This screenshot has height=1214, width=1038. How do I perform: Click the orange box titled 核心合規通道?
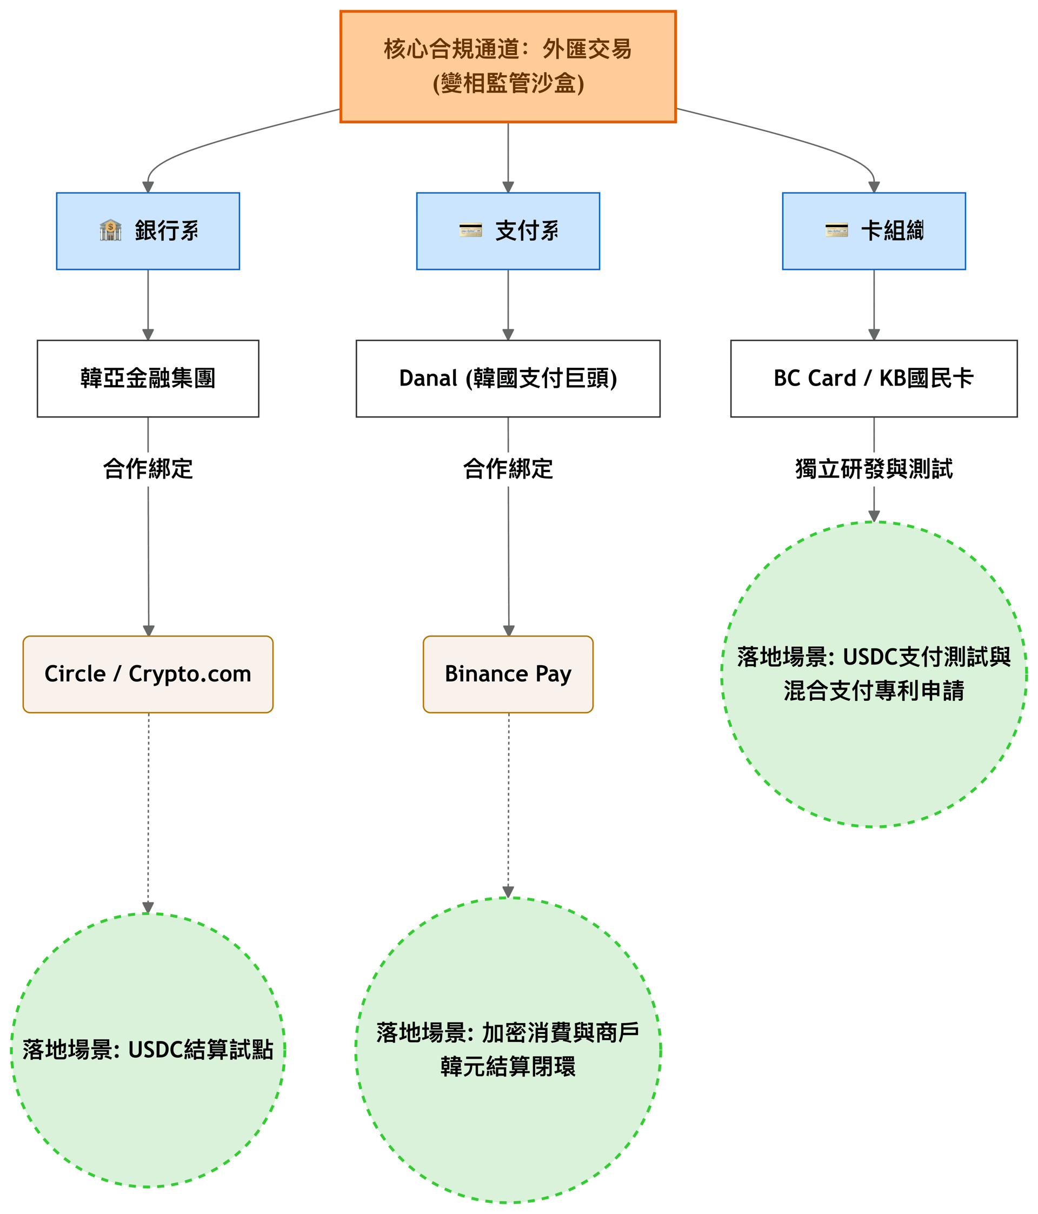[508, 66]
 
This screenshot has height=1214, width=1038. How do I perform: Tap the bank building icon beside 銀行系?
[110, 230]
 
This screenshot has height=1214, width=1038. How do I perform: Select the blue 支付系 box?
[508, 231]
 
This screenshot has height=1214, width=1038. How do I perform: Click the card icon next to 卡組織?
[836, 230]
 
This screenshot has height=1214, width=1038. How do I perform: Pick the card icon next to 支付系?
[470, 230]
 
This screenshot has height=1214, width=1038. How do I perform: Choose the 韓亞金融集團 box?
[148, 379]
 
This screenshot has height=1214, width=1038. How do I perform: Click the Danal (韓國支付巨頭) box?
[508, 379]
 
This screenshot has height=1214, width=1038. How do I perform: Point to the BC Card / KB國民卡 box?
[874, 379]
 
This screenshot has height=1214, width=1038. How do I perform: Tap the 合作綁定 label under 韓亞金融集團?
[148, 469]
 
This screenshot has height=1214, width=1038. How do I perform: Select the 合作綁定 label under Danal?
[508, 469]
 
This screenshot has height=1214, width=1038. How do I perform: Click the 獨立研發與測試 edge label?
[874, 469]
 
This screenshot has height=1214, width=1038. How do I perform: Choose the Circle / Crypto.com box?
[148, 674]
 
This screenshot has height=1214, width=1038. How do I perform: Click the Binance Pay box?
[508, 674]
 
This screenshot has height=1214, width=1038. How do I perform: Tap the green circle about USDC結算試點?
[148, 1050]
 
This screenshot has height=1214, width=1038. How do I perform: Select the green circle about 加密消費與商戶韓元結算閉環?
[508, 1050]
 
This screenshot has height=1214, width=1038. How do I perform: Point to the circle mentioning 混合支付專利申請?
[874, 674]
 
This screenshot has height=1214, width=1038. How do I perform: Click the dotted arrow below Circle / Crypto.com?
[148, 813]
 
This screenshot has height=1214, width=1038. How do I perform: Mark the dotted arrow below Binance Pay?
[508, 805]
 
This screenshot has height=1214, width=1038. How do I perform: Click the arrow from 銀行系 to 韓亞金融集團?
[148, 304]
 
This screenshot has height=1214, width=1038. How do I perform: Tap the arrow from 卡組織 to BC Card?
[874, 304]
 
